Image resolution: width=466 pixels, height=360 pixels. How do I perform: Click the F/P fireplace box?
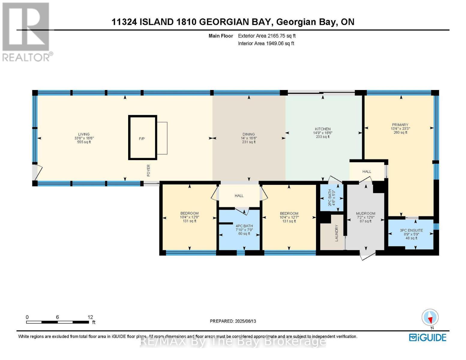point(143,138)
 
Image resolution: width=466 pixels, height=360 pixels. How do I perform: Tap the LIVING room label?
point(84,134)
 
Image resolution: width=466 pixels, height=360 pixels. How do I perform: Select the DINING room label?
point(248,134)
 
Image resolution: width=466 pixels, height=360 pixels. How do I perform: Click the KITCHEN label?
point(323,129)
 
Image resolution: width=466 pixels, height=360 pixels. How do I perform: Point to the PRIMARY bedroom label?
point(400,125)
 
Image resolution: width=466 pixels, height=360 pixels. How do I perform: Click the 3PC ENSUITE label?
point(411,230)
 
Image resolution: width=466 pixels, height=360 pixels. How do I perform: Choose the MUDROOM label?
point(365,214)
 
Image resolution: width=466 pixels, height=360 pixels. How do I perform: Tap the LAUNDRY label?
point(336,233)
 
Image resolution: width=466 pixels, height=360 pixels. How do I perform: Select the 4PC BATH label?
point(244,226)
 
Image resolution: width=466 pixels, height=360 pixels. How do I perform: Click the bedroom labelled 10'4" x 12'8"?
point(189,217)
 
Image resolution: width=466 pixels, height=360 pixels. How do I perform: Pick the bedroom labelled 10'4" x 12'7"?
point(289,217)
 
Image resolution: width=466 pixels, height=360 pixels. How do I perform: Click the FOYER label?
point(149,170)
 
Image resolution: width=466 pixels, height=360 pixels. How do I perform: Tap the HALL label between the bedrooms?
point(239,196)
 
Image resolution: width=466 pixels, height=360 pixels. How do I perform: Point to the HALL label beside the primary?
point(367,172)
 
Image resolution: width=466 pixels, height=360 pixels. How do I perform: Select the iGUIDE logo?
point(428,337)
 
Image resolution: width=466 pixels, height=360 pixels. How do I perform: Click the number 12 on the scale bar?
point(90,317)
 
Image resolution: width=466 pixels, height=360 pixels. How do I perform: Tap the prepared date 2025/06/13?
point(233,321)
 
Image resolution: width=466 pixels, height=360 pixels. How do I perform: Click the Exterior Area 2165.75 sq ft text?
point(267,36)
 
